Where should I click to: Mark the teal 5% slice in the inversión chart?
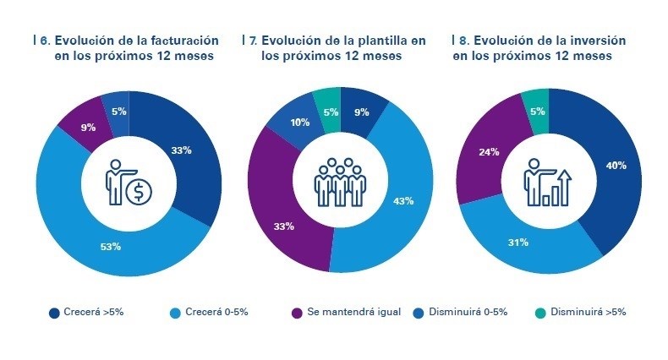click(537, 109)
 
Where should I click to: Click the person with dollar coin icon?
click(129, 183)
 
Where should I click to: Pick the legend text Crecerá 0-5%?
click(216, 312)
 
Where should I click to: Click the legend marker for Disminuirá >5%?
click(541, 312)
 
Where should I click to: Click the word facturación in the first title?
click(179, 40)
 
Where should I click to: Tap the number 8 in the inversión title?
click(461, 40)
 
